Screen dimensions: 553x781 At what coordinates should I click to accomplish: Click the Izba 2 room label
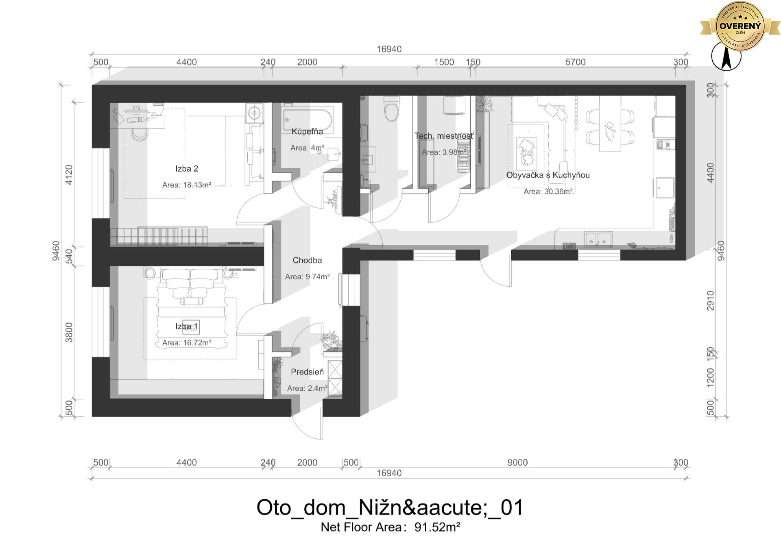point(187,168)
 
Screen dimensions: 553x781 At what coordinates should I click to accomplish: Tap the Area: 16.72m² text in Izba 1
point(187,343)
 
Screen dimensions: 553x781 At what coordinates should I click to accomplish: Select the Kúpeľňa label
point(307,131)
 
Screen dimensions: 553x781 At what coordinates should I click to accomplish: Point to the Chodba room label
point(307,260)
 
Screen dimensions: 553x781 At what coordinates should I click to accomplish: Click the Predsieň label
point(307,372)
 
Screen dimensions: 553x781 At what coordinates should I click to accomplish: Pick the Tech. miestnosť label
point(444,136)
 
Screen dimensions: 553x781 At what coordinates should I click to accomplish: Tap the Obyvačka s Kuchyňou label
point(548,175)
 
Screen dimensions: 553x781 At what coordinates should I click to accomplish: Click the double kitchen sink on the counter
point(598,239)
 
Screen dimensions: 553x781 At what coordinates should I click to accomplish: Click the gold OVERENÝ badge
point(740,26)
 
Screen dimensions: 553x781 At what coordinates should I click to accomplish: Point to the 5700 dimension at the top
point(575,62)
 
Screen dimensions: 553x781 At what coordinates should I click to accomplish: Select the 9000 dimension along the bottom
point(517,462)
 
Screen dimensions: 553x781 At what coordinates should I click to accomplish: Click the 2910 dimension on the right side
point(710,300)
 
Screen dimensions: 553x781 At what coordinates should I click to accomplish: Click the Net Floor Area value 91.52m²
point(437,527)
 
